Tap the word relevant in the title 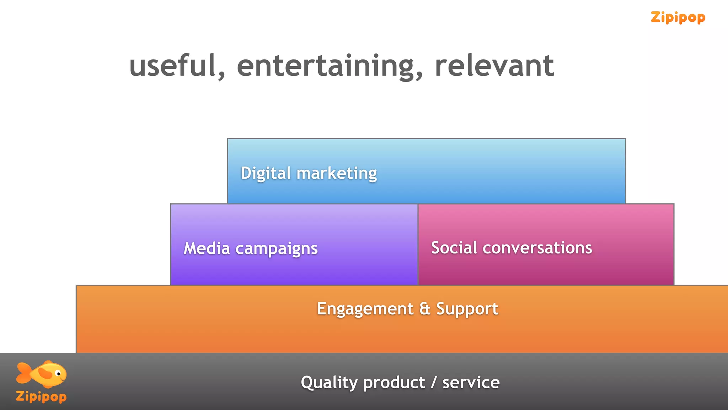click(494, 66)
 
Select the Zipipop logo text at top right click(678, 17)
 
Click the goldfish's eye click(59, 374)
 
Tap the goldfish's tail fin click(23, 373)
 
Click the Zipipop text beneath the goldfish click(41, 396)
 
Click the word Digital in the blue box click(266, 173)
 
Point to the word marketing click(337, 173)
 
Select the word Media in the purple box click(207, 248)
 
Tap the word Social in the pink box click(454, 248)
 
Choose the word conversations click(537, 248)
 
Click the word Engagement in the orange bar click(365, 309)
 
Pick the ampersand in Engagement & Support click(425, 309)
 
